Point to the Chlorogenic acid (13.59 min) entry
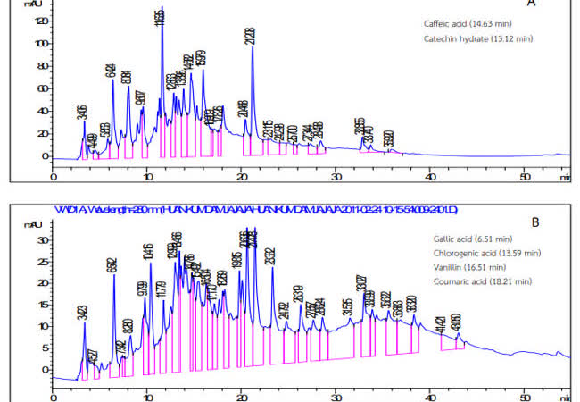(475, 254)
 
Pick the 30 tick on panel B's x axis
(336, 392)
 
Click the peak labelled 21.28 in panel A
(253, 47)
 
